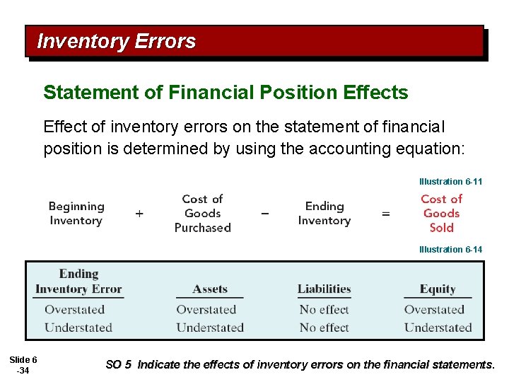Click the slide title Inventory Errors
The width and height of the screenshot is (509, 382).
click(116, 42)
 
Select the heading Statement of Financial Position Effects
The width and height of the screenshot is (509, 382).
click(226, 93)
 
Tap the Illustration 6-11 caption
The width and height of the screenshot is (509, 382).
click(450, 182)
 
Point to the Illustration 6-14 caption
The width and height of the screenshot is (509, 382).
click(450, 249)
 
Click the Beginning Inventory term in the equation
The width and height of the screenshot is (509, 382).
click(76, 214)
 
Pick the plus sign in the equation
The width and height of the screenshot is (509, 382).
click(139, 213)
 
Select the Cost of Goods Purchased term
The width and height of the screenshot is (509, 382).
click(203, 214)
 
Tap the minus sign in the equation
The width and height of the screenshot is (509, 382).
click(265, 213)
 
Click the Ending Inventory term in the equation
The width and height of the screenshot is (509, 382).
click(324, 214)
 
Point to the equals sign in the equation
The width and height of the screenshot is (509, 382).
click(386, 213)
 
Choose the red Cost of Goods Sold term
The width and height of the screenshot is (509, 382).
click(442, 214)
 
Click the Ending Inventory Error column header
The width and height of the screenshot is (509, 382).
click(78, 282)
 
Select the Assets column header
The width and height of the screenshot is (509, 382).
click(210, 289)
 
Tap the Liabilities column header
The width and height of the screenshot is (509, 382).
click(324, 289)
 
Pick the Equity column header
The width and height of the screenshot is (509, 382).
click(438, 289)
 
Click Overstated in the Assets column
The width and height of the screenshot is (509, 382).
click(210, 310)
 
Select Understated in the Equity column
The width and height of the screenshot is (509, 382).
click(438, 328)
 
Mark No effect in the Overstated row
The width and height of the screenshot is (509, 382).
click(324, 310)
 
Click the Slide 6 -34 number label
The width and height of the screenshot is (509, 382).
click(23, 365)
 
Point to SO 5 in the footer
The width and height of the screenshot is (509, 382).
click(118, 365)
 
